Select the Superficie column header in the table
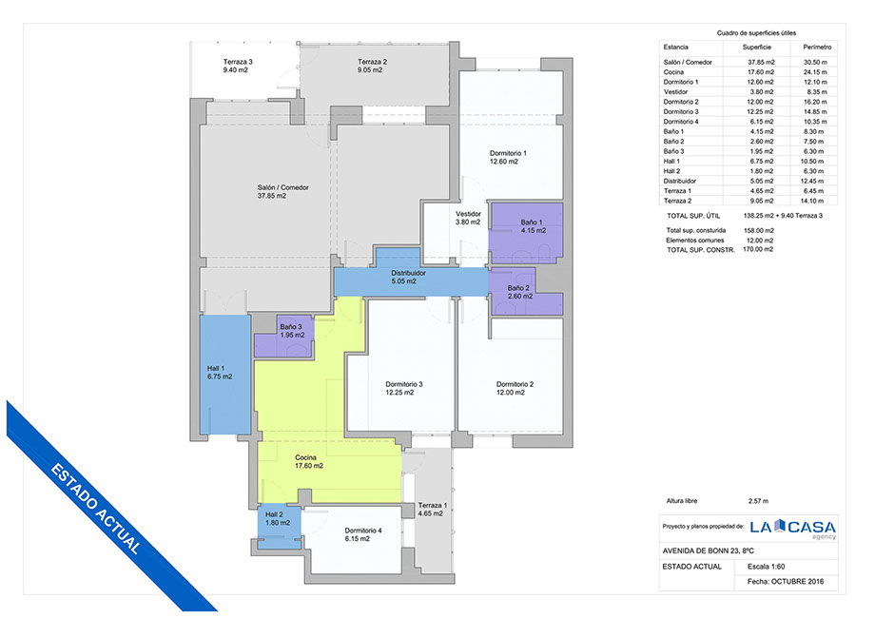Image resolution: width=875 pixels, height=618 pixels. pos(757,48)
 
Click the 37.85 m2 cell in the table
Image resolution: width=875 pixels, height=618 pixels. pos(761,63)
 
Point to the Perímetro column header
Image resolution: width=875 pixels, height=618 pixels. pos(818,48)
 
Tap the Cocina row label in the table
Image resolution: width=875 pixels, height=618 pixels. pos(673,72)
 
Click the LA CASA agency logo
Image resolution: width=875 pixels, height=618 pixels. pos(792,529)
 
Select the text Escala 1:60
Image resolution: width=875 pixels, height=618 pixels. pos(767,567)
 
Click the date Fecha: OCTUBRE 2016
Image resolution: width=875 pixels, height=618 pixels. pos(786,582)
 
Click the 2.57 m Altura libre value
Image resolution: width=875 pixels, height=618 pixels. pos(758,501)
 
